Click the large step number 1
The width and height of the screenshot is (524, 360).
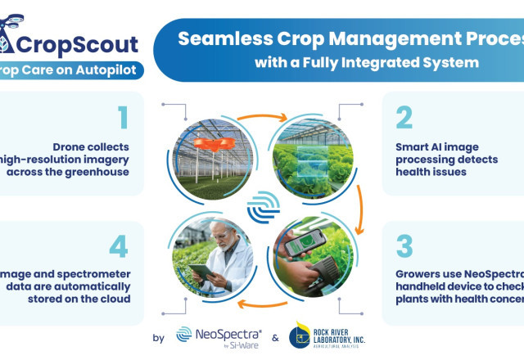point(123,118)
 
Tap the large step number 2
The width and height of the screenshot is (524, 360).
point(403,118)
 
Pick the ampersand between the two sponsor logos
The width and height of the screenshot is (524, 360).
point(274,336)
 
